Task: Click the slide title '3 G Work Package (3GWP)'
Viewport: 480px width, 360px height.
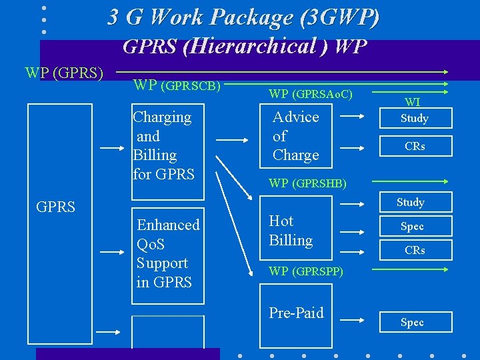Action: coord(243,17)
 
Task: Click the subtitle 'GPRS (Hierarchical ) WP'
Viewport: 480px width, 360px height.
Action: coord(245,47)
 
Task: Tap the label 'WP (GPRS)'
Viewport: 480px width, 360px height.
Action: coord(64,72)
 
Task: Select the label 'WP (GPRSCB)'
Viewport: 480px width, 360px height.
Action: coord(177,85)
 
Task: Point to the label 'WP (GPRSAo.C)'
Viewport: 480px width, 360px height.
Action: coord(310,95)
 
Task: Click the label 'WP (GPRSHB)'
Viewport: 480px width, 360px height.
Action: coord(307,183)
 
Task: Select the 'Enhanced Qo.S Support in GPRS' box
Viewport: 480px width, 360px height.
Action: coord(167,253)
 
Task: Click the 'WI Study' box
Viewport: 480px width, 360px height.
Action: coord(414,113)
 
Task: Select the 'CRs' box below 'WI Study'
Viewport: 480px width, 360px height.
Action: coord(415,146)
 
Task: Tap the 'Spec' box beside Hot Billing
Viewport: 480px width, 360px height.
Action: coord(412,227)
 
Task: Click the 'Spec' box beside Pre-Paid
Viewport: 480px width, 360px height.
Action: coord(412,322)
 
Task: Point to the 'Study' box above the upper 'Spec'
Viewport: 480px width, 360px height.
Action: coord(411,202)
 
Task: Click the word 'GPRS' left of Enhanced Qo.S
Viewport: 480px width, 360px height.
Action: coord(55,207)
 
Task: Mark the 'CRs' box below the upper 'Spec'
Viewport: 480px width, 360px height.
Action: coord(415,251)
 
